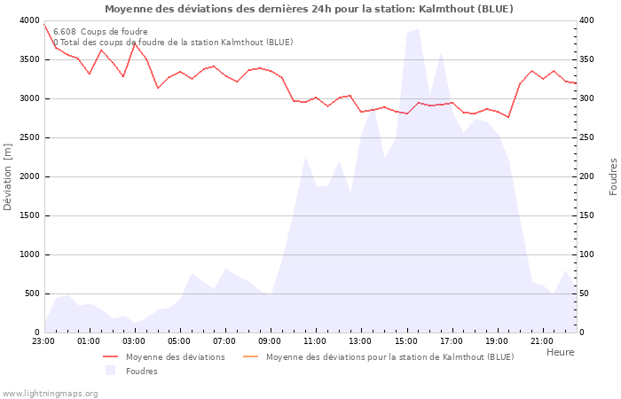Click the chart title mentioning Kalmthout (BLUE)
pyautogui.click(x=309, y=9)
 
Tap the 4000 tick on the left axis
pyautogui.click(x=29, y=20)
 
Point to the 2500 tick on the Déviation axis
pyautogui.click(x=29, y=137)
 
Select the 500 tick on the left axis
pyautogui.click(x=32, y=293)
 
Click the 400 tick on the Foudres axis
pyautogui.click(x=588, y=20)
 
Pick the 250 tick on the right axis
pyautogui.click(x=588, y=137)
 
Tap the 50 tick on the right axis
pyautogui.click(x=586, y=293)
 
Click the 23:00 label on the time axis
pyautogui.click(x=43, y=340)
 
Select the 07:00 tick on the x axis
pyautogui.click(x=225, y=340)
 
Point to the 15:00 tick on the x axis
pyautogui.click(x=406, y=340)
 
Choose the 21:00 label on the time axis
pyautogui.click(x=542, y=340)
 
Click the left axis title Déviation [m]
pyautogui.click(x=8, y=176)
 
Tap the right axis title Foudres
pyautogui.click(x=613, y=176)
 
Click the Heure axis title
pyautogui.click(x=560, y=352)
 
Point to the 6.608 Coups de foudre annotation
pyautogui.click(x=100, y=32)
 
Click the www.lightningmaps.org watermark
pyautogui.click(x=50, y=394)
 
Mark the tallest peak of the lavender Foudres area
pyautogui.click(x=418, y=29)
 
